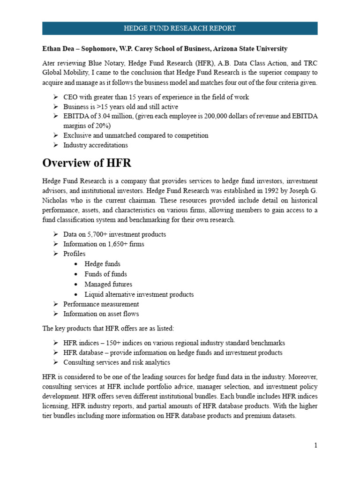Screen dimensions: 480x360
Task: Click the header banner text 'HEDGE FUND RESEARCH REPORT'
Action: click(x=180, y=28)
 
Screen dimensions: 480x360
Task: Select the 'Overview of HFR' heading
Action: click(x=87, y=163)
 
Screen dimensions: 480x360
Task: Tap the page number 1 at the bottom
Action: click(x=315, y=445)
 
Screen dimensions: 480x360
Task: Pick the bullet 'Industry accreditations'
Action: click(x=95, y=145)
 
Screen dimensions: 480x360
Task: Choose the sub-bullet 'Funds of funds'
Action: click(x=105, y=274)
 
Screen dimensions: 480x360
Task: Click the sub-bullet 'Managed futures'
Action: click(x=108, y=284)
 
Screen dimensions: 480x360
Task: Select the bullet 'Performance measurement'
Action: click(x=101, y=304)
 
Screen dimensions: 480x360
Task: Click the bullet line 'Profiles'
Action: click(x=75, y=254)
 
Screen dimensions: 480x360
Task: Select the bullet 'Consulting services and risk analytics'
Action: click(x=116, y=362)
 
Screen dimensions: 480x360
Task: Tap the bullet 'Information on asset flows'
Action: click(x=101, y=314)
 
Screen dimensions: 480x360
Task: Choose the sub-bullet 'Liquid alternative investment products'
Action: click(x=139, y=294)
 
